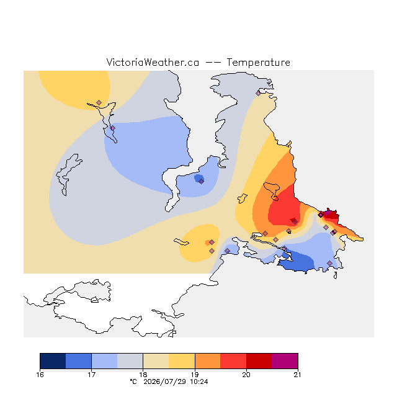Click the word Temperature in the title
point(258,63)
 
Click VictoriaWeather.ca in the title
point(153,63)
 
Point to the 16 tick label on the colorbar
point(40,375)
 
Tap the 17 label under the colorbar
point(91,375)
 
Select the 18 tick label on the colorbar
point(143,375)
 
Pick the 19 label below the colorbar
point(195,375)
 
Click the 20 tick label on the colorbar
point(246,375)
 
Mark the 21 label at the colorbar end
point(298,375)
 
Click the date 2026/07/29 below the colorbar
point(164,382)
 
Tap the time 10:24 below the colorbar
point(199,382)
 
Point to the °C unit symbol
point(133,381)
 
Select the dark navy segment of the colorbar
point(53,361)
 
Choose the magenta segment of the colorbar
point(285,361)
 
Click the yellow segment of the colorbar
point(182,361)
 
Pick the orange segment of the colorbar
point(208,361)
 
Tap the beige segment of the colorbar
point(156,361)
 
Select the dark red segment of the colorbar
point(259,361)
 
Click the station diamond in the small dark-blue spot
point(201,181)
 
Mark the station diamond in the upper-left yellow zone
point(99,102)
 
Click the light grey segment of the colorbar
point(130,361)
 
